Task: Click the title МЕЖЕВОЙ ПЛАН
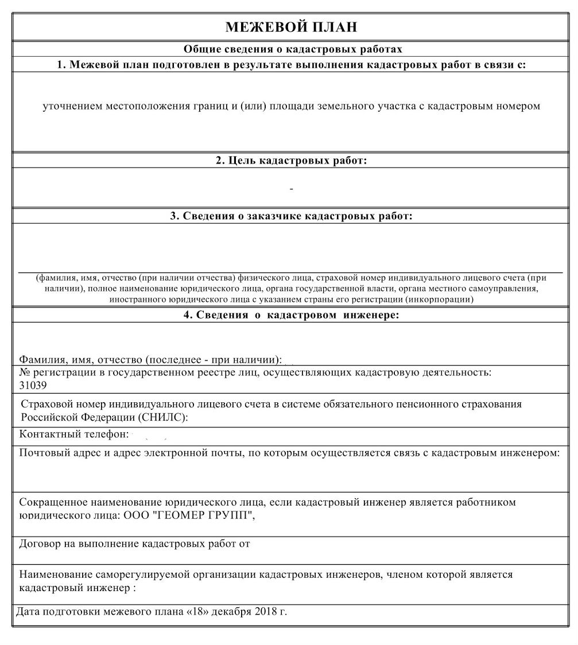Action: [x=291, y=27]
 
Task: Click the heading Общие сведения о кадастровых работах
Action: [x=293, y=49]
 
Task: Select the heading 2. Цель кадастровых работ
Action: [x=291, y=161]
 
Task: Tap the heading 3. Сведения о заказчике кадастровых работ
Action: [x=291, y=216]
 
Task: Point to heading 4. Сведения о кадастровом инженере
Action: [x=291, y=315]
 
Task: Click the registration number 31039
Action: [x=33, y=385]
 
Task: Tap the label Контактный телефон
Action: [x=73, y=434]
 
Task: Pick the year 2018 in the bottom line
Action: [x=265, y=612]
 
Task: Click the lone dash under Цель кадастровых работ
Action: [x=292, y=189]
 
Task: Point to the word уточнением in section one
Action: [x=73, y=107]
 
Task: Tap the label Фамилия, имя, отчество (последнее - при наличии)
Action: [x=150, y=360]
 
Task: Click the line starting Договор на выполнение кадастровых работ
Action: [x=135, y=543]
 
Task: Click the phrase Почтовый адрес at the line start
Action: [x=56, y=453]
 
